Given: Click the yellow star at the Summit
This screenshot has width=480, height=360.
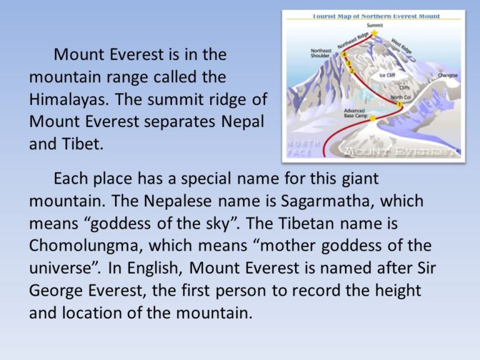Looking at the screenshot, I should [374, 32].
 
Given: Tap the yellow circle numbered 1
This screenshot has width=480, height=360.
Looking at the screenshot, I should [399, 105].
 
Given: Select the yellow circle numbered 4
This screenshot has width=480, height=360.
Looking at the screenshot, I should [344, 55].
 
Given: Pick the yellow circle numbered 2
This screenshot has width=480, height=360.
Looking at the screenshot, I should [352, 71].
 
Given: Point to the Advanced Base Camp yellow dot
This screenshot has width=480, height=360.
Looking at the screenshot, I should [372, 117].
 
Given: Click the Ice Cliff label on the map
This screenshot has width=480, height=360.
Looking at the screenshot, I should [387, 75].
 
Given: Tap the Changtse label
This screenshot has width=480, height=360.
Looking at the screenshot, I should [447, 75].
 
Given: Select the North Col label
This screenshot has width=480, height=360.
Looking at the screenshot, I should [400, 97].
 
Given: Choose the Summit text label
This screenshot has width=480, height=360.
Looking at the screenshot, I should [375, 24].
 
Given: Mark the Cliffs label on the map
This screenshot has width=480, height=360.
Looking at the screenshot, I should [404, 88].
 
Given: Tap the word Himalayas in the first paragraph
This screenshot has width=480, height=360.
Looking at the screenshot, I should [69, 99].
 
